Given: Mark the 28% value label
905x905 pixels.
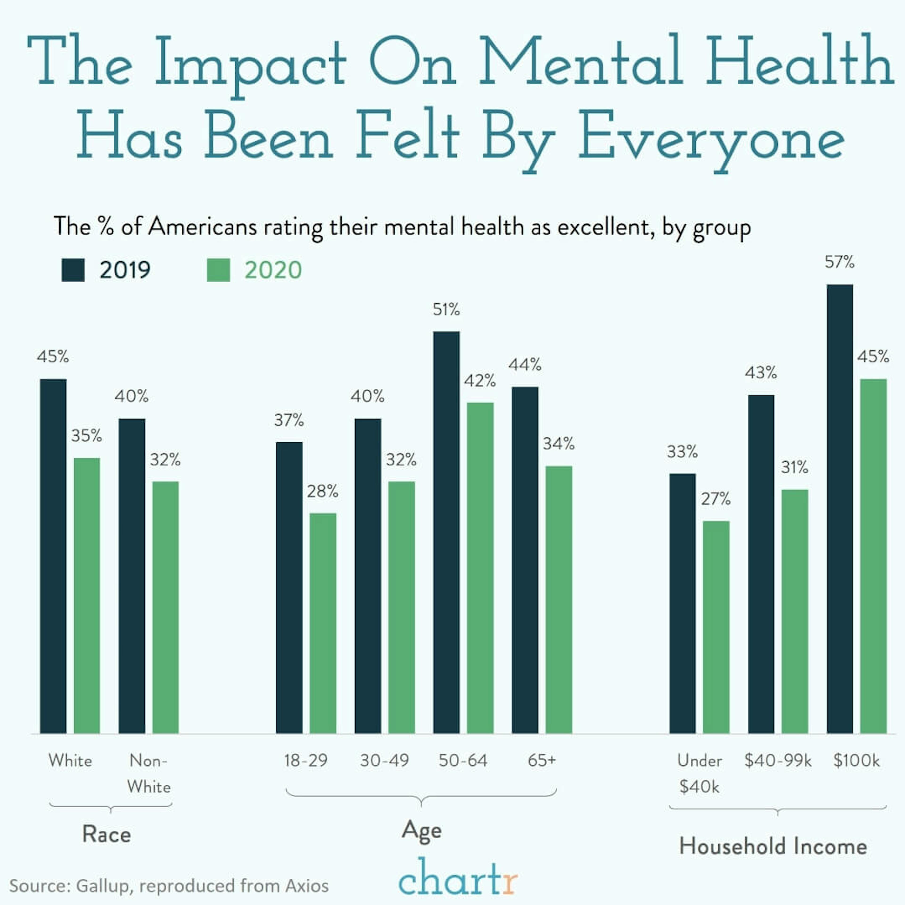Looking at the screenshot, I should pos(322,491).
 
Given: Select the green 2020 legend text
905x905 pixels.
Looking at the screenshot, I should pos(273,270).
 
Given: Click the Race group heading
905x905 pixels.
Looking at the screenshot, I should pos(107,834).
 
